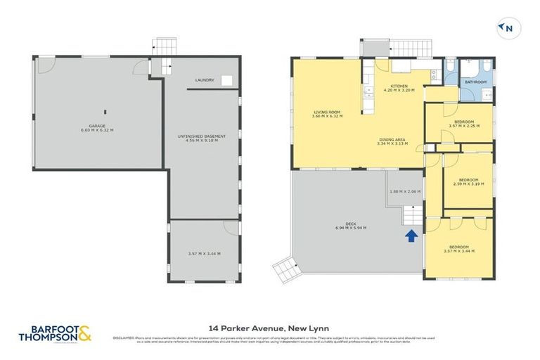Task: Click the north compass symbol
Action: tap(506, 28)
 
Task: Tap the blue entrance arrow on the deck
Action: tap(410, 236)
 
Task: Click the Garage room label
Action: tap(97, 128)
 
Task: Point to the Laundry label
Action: tap(205, 80)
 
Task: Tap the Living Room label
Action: tap(327, 114)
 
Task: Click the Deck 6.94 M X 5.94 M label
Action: tap(350, 227)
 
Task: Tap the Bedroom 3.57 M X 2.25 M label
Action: tap(463, 124)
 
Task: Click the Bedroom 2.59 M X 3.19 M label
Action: tap(468, 181)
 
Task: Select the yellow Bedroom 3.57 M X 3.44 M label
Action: tap(458, 249)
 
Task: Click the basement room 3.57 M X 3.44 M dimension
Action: tap(202, 253)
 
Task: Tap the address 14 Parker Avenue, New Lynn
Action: tap(269, 328)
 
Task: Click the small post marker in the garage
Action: tap(104, 111)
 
